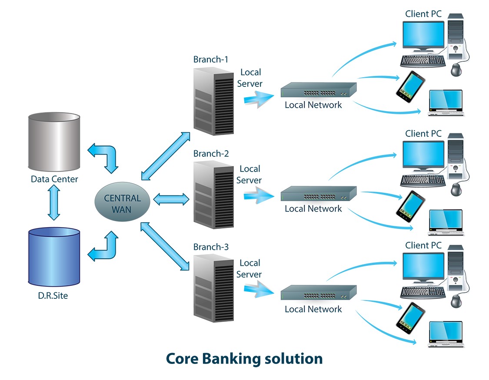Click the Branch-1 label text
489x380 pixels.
pos(210,59)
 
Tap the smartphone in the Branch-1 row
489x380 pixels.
pos(410,84)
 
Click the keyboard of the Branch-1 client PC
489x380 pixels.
pos(422,60)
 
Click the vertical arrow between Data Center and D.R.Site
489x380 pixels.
pos(54,202)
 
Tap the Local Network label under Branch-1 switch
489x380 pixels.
pos(313,105)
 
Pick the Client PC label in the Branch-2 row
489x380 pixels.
pos(423,134)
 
